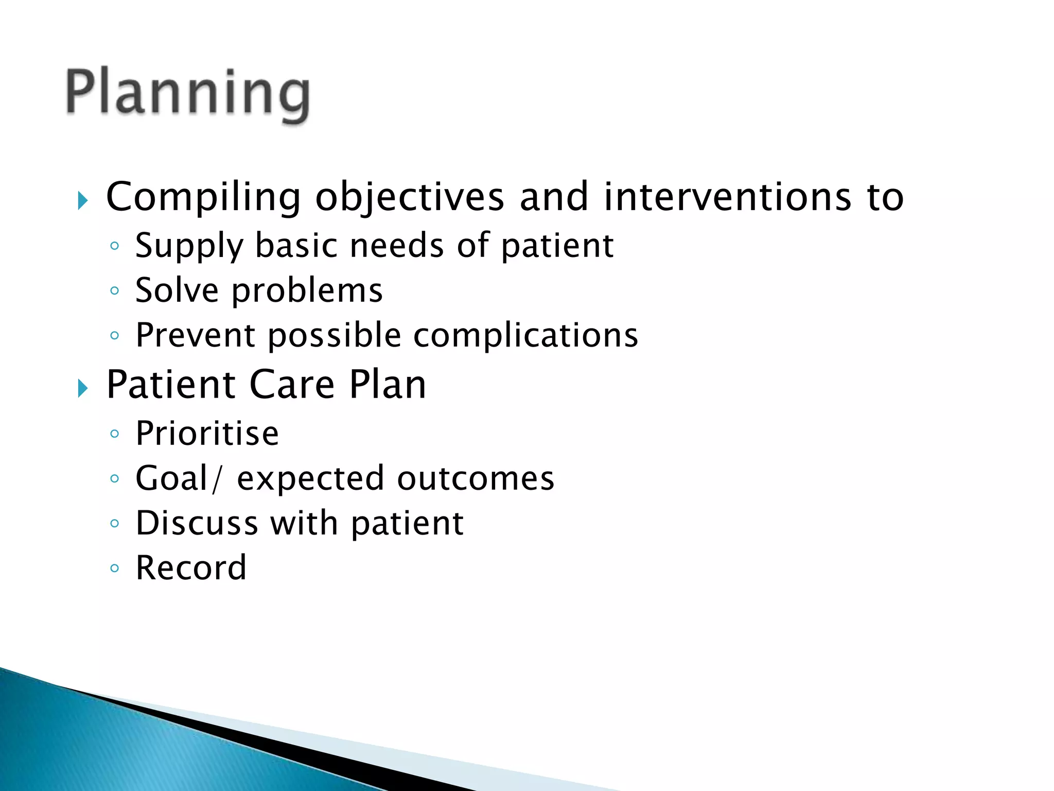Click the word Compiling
203,197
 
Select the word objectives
410,197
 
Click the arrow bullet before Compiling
83,200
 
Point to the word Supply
189,246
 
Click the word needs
397,246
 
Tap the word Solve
177,290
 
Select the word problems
307,291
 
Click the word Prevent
195,335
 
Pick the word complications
525,336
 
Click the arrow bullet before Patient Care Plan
83,388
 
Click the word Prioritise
207,433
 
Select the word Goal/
179,478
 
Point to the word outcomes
476,478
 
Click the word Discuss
197,523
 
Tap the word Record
191,568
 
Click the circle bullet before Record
115,569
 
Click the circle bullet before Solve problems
115,291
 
